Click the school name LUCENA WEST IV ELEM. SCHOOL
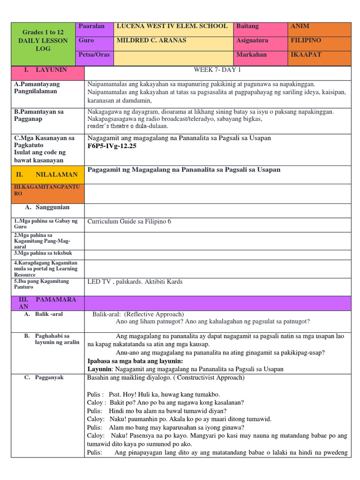pyautogui.click(x=172, y=26)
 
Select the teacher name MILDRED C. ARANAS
pyautogui.click(x=151, y=40)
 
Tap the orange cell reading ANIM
pyautogui.click(x=300, y=26)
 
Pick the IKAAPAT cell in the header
pyautogui.click(x=306, y=54)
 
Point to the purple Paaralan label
pyautogui.click(x=91, y=26)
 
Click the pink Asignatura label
pyautogui.click(x=252, y=40)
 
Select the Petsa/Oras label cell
pyautogui.click(x=94, y=54)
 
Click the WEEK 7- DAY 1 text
pyautogui.click(x=217, y=70)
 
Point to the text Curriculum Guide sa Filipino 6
pyautogui.click(x=133, y=221)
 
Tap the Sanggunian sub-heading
pyautogui.click(x=52, y=207)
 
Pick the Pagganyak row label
pyautogui.click(x=49, y=377)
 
